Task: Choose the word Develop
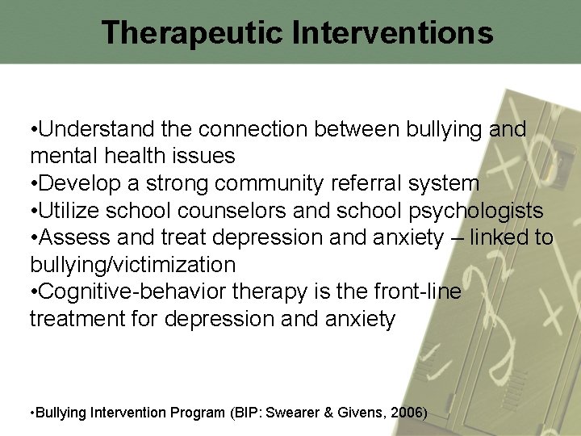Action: click(75, 183)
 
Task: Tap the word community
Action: click(270, 183)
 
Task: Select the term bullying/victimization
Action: click(132, 265)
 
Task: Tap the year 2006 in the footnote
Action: click(406, 413)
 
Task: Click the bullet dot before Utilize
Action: click(33, 211)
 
